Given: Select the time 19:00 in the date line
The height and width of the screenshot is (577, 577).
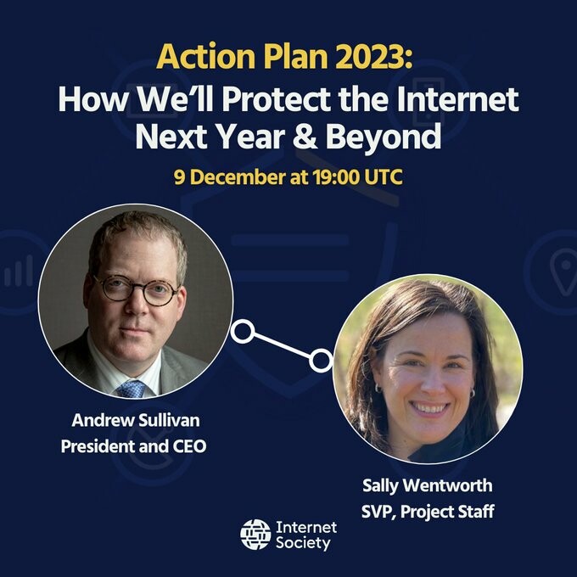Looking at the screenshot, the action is [x=336, y=177].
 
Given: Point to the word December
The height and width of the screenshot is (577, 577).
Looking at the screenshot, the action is [x=238, y=177].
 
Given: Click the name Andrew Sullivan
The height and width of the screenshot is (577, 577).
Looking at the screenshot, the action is [x=136, y=420].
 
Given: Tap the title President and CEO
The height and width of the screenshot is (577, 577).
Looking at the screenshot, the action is [x=133, y=446].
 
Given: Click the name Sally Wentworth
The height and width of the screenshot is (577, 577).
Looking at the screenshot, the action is [x=427, y=485].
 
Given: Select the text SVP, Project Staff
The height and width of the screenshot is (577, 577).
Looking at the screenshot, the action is [x=428, y=512].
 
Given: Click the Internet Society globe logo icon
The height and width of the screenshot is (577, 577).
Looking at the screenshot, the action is [x=255, y=535].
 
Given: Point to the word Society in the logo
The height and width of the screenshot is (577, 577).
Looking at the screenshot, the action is [x=303, y=543].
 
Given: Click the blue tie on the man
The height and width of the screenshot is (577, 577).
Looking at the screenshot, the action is [x=132, y=389].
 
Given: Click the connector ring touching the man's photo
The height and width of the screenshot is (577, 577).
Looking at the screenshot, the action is [x=243, y=331].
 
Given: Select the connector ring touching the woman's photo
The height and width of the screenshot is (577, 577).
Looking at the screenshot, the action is [x=321, y=361].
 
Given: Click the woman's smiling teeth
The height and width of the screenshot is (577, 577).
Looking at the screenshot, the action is [x=429, y=407].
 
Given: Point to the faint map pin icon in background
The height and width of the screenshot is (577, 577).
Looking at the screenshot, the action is [x=563, y=272].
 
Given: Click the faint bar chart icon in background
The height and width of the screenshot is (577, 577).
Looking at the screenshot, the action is [x=19, y=272].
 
